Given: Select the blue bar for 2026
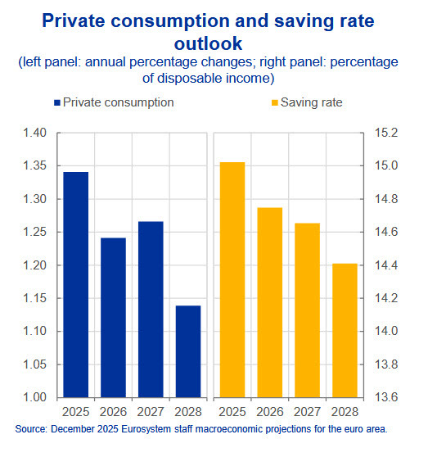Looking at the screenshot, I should pos(113,317).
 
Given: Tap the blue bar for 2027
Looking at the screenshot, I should pos(151,309).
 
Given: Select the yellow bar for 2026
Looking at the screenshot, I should pos(271,302).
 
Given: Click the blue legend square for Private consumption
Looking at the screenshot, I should pos(56,103).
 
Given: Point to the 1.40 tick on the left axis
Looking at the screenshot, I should pos(34,133).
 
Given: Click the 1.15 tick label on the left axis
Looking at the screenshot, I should pos(34,299).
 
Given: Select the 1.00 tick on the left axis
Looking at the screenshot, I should pos(34,398).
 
